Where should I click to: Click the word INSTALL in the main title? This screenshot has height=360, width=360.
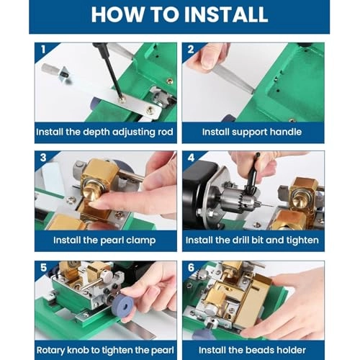tap(226, 14)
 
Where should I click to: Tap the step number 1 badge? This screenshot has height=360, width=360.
tap(43, 50)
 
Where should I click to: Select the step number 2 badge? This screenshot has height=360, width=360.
tap(191, 50)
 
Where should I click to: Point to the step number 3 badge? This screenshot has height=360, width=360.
tap(43, 158)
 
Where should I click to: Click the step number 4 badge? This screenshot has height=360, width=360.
tap(191, 158)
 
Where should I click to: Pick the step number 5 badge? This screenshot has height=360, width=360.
tap(43, 267)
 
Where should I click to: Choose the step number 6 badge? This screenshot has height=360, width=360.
tap(191, 267)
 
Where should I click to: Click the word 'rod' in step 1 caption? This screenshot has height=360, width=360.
tap(166, 132)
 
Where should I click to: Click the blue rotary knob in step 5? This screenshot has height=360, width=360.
tap(122, 305)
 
